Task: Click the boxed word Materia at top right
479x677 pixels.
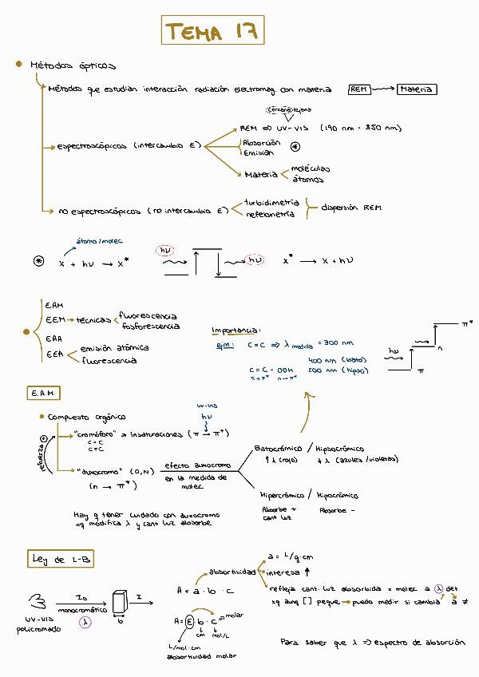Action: [417, 89]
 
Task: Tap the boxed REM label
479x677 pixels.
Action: [359, 89]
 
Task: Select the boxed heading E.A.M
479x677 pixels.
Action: [42, 394]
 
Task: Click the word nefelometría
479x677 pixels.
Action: [271, 214]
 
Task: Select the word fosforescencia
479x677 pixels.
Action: [150, 327]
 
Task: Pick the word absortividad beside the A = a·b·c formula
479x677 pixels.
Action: [232, 572]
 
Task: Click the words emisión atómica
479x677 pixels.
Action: [115, 348]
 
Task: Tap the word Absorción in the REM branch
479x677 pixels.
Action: [261, 143]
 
